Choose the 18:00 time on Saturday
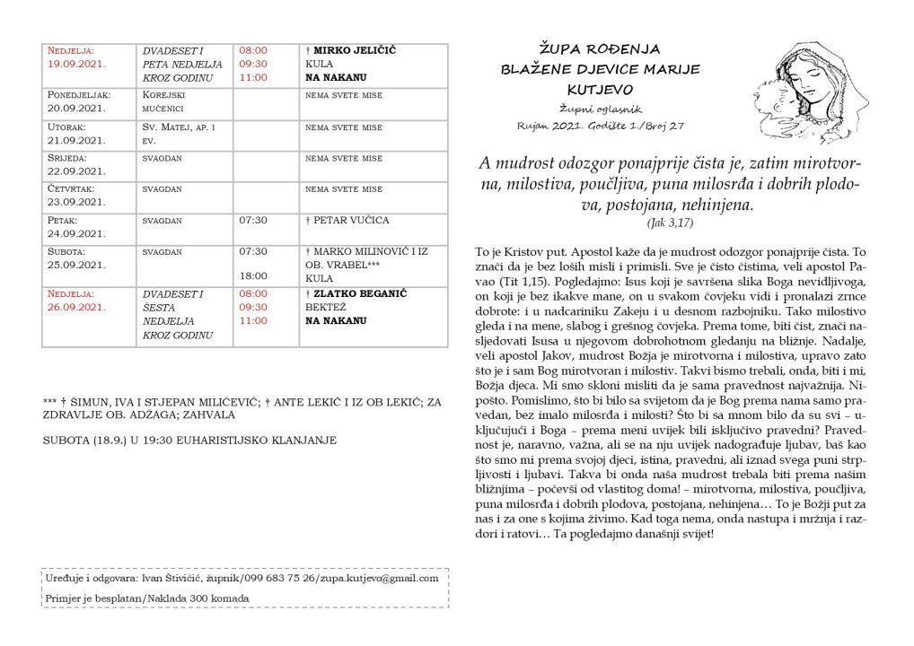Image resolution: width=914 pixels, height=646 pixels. pyautogui.click(x=252, y=278)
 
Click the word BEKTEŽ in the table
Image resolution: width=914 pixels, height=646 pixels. pyautogui.click(x=325, y=307)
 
